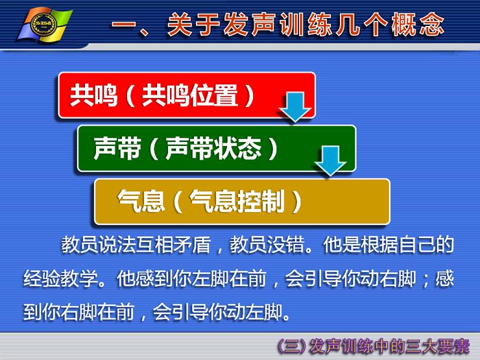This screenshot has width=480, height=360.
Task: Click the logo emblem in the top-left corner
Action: pyautogui.click(x=45, y=25)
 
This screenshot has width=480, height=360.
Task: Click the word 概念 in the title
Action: pyautogui.click(x=417, y=24)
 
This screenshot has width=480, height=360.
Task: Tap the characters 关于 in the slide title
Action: pyautogui.click(x=193, y=24)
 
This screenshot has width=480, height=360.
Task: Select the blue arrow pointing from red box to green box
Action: pyautogui.click(x=295, y=107)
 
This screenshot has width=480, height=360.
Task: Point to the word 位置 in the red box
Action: pyautogui.click(x=214, y=95)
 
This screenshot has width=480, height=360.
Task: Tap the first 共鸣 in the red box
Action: pyautogui.click(x=93, y=95)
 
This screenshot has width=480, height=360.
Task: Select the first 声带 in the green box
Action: pyautogui.click(x=117, y=149)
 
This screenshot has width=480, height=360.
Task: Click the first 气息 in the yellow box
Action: pyautogui.click(x=141, y=202)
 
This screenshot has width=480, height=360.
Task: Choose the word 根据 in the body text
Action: pyautogui.click(x=379, y=245)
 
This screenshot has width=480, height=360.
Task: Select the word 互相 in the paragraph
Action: pyautogui.click(x=154, y=245)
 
